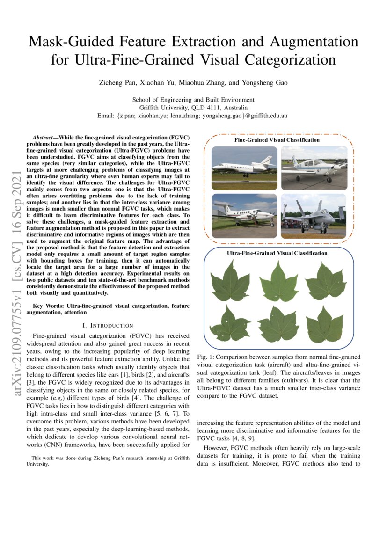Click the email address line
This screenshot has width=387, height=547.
(x=193, y=115)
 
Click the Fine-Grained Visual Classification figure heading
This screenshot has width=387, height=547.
(x=277, y=140)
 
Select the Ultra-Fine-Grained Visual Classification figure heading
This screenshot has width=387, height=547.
(x=277, y=253)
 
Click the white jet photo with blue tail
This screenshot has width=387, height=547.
(x=244, y=168)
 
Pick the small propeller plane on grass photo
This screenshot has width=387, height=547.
(x=314, y=168)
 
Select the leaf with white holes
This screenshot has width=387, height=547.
(x=229, y=324)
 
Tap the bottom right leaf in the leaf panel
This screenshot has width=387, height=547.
(x=325, y=324)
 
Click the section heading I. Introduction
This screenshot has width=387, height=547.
(x=108, y=325)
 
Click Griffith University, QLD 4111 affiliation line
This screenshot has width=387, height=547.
(x=193, y=107)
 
